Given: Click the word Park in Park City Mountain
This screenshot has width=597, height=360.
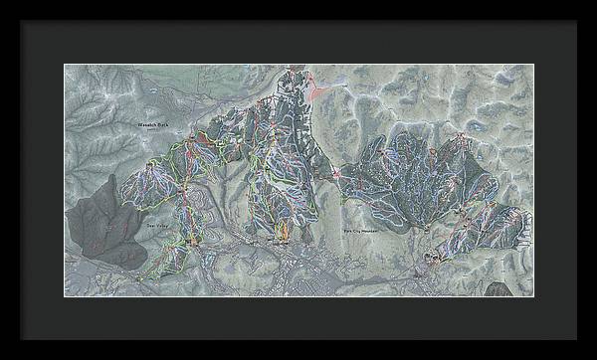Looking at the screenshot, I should [347, 229].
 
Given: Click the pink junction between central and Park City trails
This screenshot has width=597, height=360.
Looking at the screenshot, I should [337, 175].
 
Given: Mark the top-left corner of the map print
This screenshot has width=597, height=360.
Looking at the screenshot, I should [66, 65].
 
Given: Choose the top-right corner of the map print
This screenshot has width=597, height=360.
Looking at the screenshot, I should [533, 65].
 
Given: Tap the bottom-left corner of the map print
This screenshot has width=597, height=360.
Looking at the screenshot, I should [66, 296].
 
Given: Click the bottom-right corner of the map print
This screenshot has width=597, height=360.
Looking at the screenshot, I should [533, 296].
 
